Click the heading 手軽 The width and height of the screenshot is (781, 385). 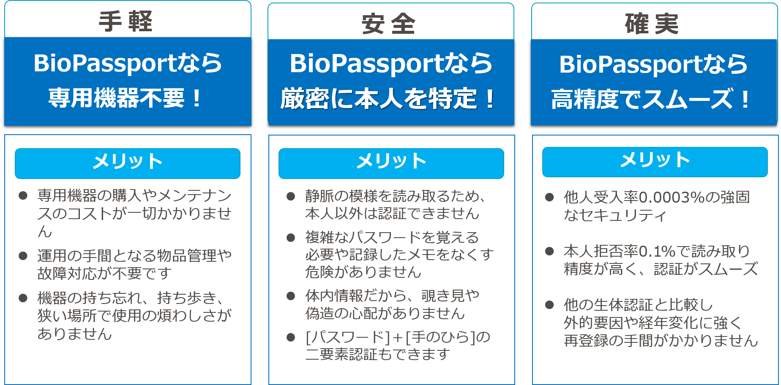pyautogui.click(x=126, y=21)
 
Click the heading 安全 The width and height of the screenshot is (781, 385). pyautogui.click(x=389, y=24)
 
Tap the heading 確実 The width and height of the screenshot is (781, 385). pyautogui.click(x=652, y=24)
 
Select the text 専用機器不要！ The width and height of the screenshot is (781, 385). pyautogui.click(x=126, y=98)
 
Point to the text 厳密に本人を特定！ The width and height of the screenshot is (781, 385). pyautogui.click(x=388, y=99)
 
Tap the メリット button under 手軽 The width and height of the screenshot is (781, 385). pyautogui.click(x=128, y=163)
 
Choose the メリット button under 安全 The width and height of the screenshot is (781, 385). pyautogui.click(x=391, y=163)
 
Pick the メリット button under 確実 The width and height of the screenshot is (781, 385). pyautogui.click(x=655, y=162)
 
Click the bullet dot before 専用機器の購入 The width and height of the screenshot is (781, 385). pyautogui.click(x=23, y=195)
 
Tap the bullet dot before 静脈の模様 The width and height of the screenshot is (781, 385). pyautogui.click(x=291, y=196)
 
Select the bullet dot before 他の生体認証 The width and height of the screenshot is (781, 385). pyautogui.click(x=549, y=305)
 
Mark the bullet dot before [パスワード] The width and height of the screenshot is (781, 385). pyautogui.click(x=291, y=337)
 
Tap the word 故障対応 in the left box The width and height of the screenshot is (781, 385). pyautogui.click(x=67, y=273)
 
